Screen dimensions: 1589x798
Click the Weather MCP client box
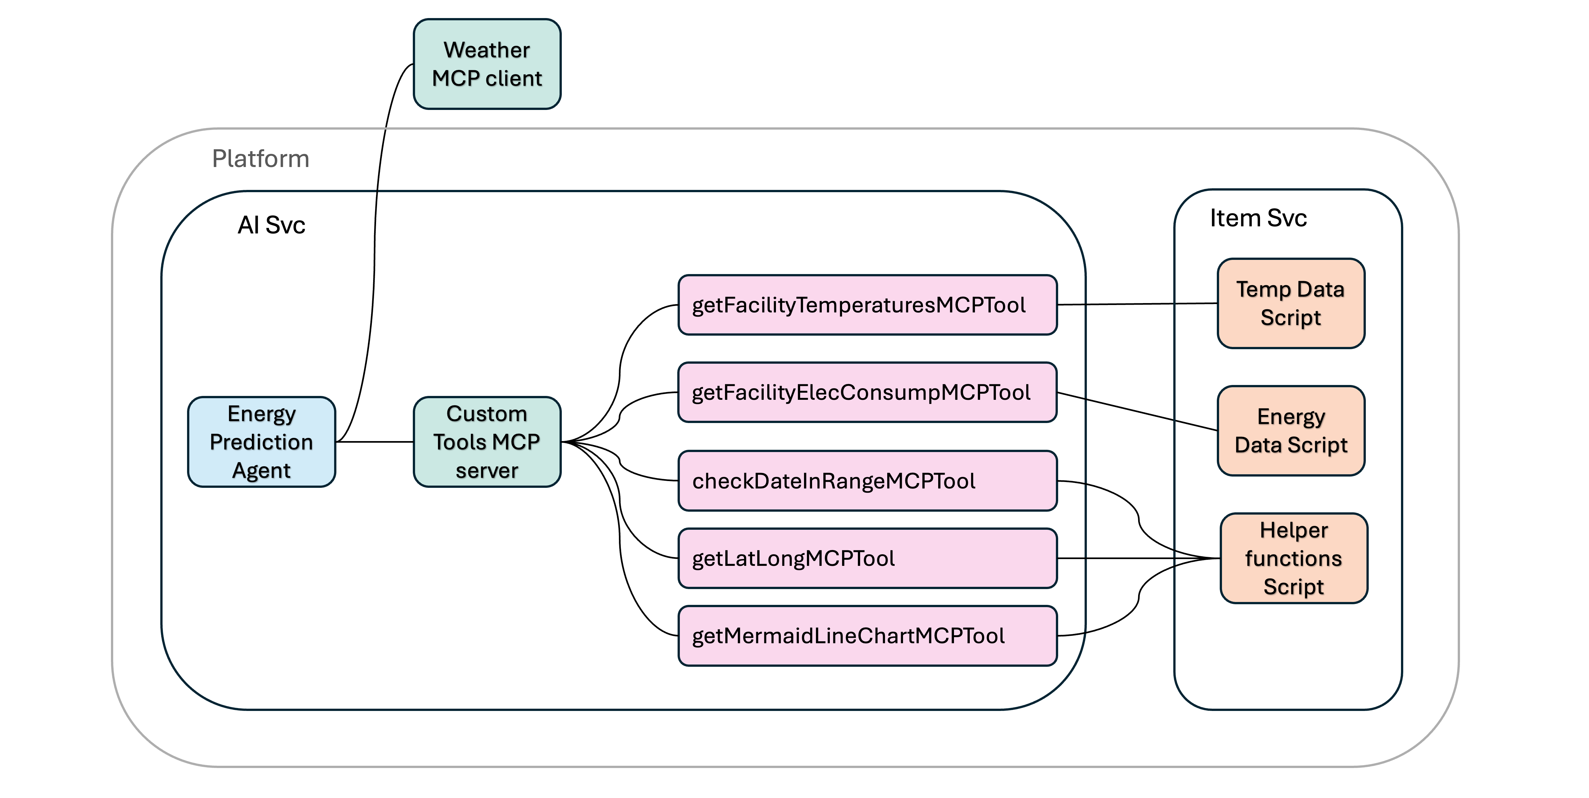[487, 64]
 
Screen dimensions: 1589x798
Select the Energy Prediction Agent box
[262, 441]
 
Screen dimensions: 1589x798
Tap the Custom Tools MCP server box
[487, 441]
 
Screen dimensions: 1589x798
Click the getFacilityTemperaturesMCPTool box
[867, 305]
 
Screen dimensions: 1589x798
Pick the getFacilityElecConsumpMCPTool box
[867, 392]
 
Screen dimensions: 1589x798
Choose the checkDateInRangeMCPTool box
[867, 480]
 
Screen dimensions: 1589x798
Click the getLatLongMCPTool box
[867, 558]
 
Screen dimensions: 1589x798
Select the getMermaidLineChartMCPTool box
[867, 635]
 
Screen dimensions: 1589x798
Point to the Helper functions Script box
[1294, 558]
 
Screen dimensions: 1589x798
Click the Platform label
[260, 159]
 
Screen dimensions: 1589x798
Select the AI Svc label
[272, 225]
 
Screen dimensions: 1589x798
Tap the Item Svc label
[1258, 218]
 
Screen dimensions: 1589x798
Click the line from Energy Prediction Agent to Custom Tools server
[374, 441]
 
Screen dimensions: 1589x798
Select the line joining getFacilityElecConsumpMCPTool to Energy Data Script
[1137, 411]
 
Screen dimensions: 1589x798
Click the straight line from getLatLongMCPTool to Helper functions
[1139, 558]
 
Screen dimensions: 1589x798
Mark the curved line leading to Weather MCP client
[374, 253]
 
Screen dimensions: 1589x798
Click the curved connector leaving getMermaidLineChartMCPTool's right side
[1139, 596]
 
